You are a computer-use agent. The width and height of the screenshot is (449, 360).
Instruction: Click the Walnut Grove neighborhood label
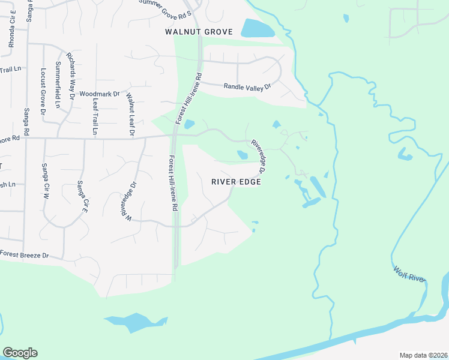point(199,31)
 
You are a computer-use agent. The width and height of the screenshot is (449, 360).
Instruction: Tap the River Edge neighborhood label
point(236,182)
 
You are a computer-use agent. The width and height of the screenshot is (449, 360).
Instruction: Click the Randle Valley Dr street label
point(247,87)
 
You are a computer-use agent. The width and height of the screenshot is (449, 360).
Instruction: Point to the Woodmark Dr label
point(100,94)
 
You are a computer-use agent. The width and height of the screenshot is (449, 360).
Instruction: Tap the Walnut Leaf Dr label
point(129,115)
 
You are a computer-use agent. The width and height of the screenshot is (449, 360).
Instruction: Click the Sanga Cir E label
point(83,197)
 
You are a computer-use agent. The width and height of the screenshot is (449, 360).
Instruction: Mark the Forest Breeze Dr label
point(24,255)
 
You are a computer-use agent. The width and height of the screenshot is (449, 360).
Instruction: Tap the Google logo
point(20,353)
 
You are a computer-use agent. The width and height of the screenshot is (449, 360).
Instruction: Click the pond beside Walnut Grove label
point(258,28)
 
